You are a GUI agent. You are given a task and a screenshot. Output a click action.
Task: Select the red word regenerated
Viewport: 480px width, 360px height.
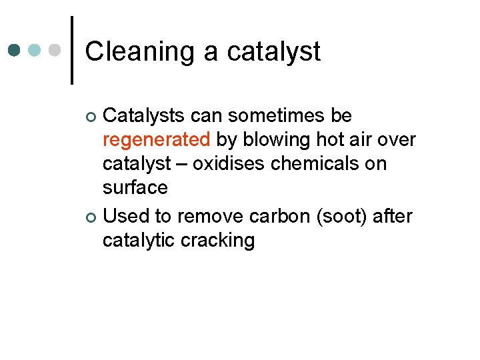[156, 140]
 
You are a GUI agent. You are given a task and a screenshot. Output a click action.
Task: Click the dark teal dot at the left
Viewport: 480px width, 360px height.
[14, 51]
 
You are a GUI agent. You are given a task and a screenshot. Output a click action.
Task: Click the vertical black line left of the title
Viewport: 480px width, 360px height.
[71, 51]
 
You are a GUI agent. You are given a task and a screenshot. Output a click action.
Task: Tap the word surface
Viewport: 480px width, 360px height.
[135, 188]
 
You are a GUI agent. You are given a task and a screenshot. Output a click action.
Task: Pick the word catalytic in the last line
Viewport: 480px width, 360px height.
[139, 240]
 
